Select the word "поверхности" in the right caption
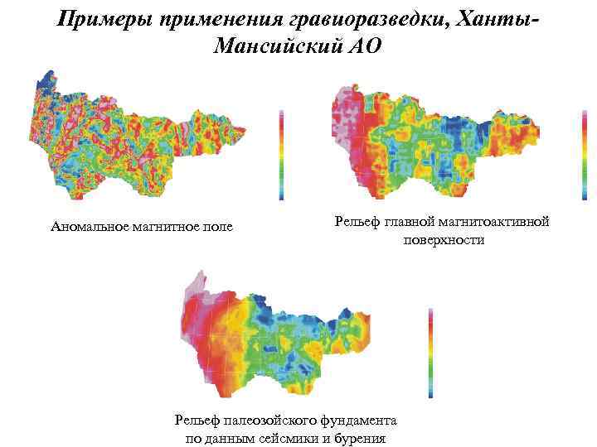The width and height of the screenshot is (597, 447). click(444, 240)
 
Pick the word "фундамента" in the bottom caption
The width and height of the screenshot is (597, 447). click(363, 421)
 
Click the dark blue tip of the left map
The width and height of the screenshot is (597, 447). click(42, 82)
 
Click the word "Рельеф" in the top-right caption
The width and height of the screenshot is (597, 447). click(356, 222)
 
